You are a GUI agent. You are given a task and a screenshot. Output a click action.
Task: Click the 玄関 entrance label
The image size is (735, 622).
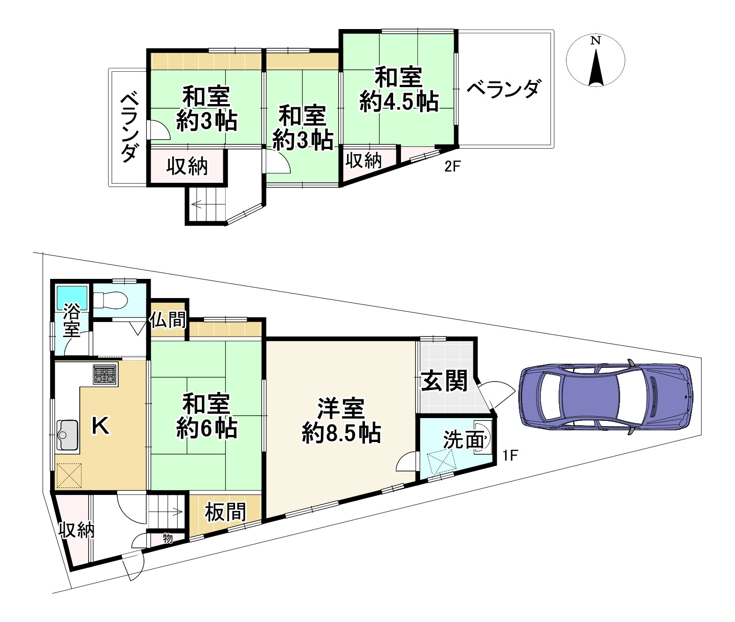444,381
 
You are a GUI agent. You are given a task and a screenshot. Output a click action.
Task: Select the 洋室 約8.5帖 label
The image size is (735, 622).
341,420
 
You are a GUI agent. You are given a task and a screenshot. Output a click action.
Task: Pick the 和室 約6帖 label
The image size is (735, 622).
206,416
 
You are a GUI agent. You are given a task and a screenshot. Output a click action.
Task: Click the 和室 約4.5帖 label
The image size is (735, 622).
399,90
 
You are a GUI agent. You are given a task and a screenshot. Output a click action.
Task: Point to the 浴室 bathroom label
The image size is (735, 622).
72,320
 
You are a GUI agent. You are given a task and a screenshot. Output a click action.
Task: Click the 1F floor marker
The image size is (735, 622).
509,455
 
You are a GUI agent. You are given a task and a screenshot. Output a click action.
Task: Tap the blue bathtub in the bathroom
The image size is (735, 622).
72,296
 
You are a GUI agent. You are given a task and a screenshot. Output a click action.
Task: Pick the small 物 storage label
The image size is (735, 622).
167,538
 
